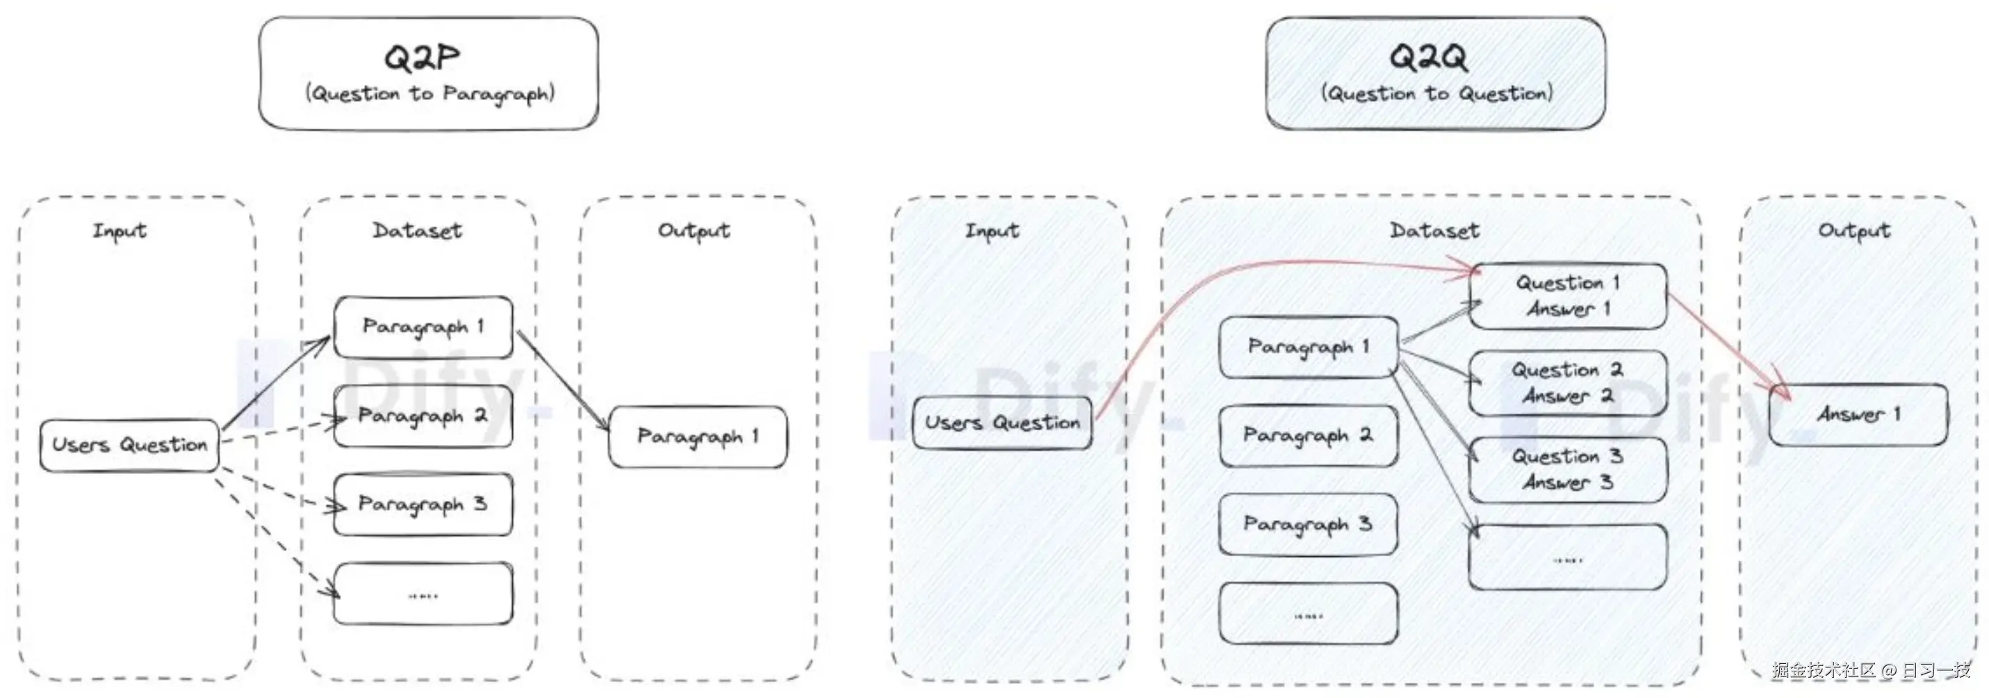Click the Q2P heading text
422,57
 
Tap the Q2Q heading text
1428,57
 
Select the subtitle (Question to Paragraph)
430,94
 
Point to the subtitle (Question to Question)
1437,93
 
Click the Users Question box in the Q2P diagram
130,446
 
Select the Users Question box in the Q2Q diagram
1002,423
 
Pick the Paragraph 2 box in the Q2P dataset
423,416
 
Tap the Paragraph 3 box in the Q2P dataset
423,505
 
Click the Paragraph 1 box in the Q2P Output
698,437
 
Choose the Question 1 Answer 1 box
1567,296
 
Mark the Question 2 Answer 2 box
1567,384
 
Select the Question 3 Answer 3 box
1567,470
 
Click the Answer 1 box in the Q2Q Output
1858,414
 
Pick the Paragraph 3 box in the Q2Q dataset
1309,525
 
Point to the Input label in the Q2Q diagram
992,231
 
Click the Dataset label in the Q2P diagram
417,231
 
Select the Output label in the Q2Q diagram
1854,231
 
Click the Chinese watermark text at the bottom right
1871,669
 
